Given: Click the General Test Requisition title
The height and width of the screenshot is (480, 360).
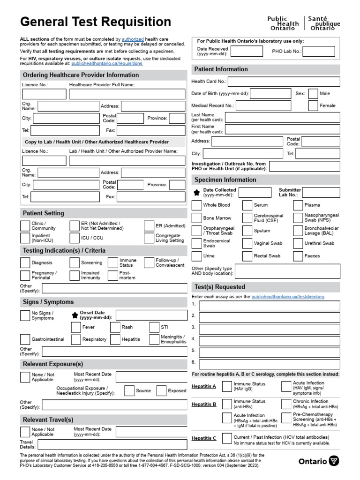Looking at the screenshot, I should (x=95, y=22).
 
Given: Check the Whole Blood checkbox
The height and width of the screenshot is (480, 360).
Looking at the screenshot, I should (x=197, y=205).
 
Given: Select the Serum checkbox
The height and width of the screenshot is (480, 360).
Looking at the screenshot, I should (x=247, y=205).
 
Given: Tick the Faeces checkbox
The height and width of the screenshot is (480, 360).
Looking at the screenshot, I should (x=298, y=256).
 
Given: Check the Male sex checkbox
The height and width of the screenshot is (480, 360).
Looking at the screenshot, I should (x=313, y=94).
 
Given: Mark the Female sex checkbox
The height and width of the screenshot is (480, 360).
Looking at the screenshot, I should (x=313, y=106).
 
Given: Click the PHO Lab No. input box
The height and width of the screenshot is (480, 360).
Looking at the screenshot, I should (x=319, y=52).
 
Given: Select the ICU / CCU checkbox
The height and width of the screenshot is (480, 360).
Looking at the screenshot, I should (x=75, y=238).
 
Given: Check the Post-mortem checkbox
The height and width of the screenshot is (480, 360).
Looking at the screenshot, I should (x=113, y=276).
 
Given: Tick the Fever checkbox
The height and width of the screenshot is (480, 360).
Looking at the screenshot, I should (x=76, y=327).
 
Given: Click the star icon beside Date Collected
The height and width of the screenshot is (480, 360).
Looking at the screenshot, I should (x=197, y=193).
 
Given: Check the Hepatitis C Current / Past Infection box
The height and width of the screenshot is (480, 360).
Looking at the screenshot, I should (x=227, y=438).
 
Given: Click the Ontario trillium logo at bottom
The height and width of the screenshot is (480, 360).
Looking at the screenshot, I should (x=333, y=461).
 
